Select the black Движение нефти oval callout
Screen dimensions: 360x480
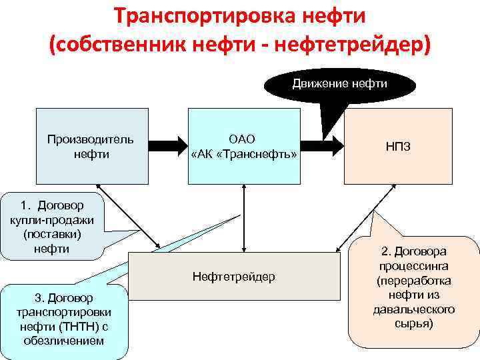pos(340,84)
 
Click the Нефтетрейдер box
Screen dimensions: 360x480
pos(233,276)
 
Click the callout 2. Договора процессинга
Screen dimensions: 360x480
pos(413,287)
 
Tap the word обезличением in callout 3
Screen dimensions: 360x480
pos(64,340)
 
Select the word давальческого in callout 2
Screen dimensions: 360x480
pos(413,309)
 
